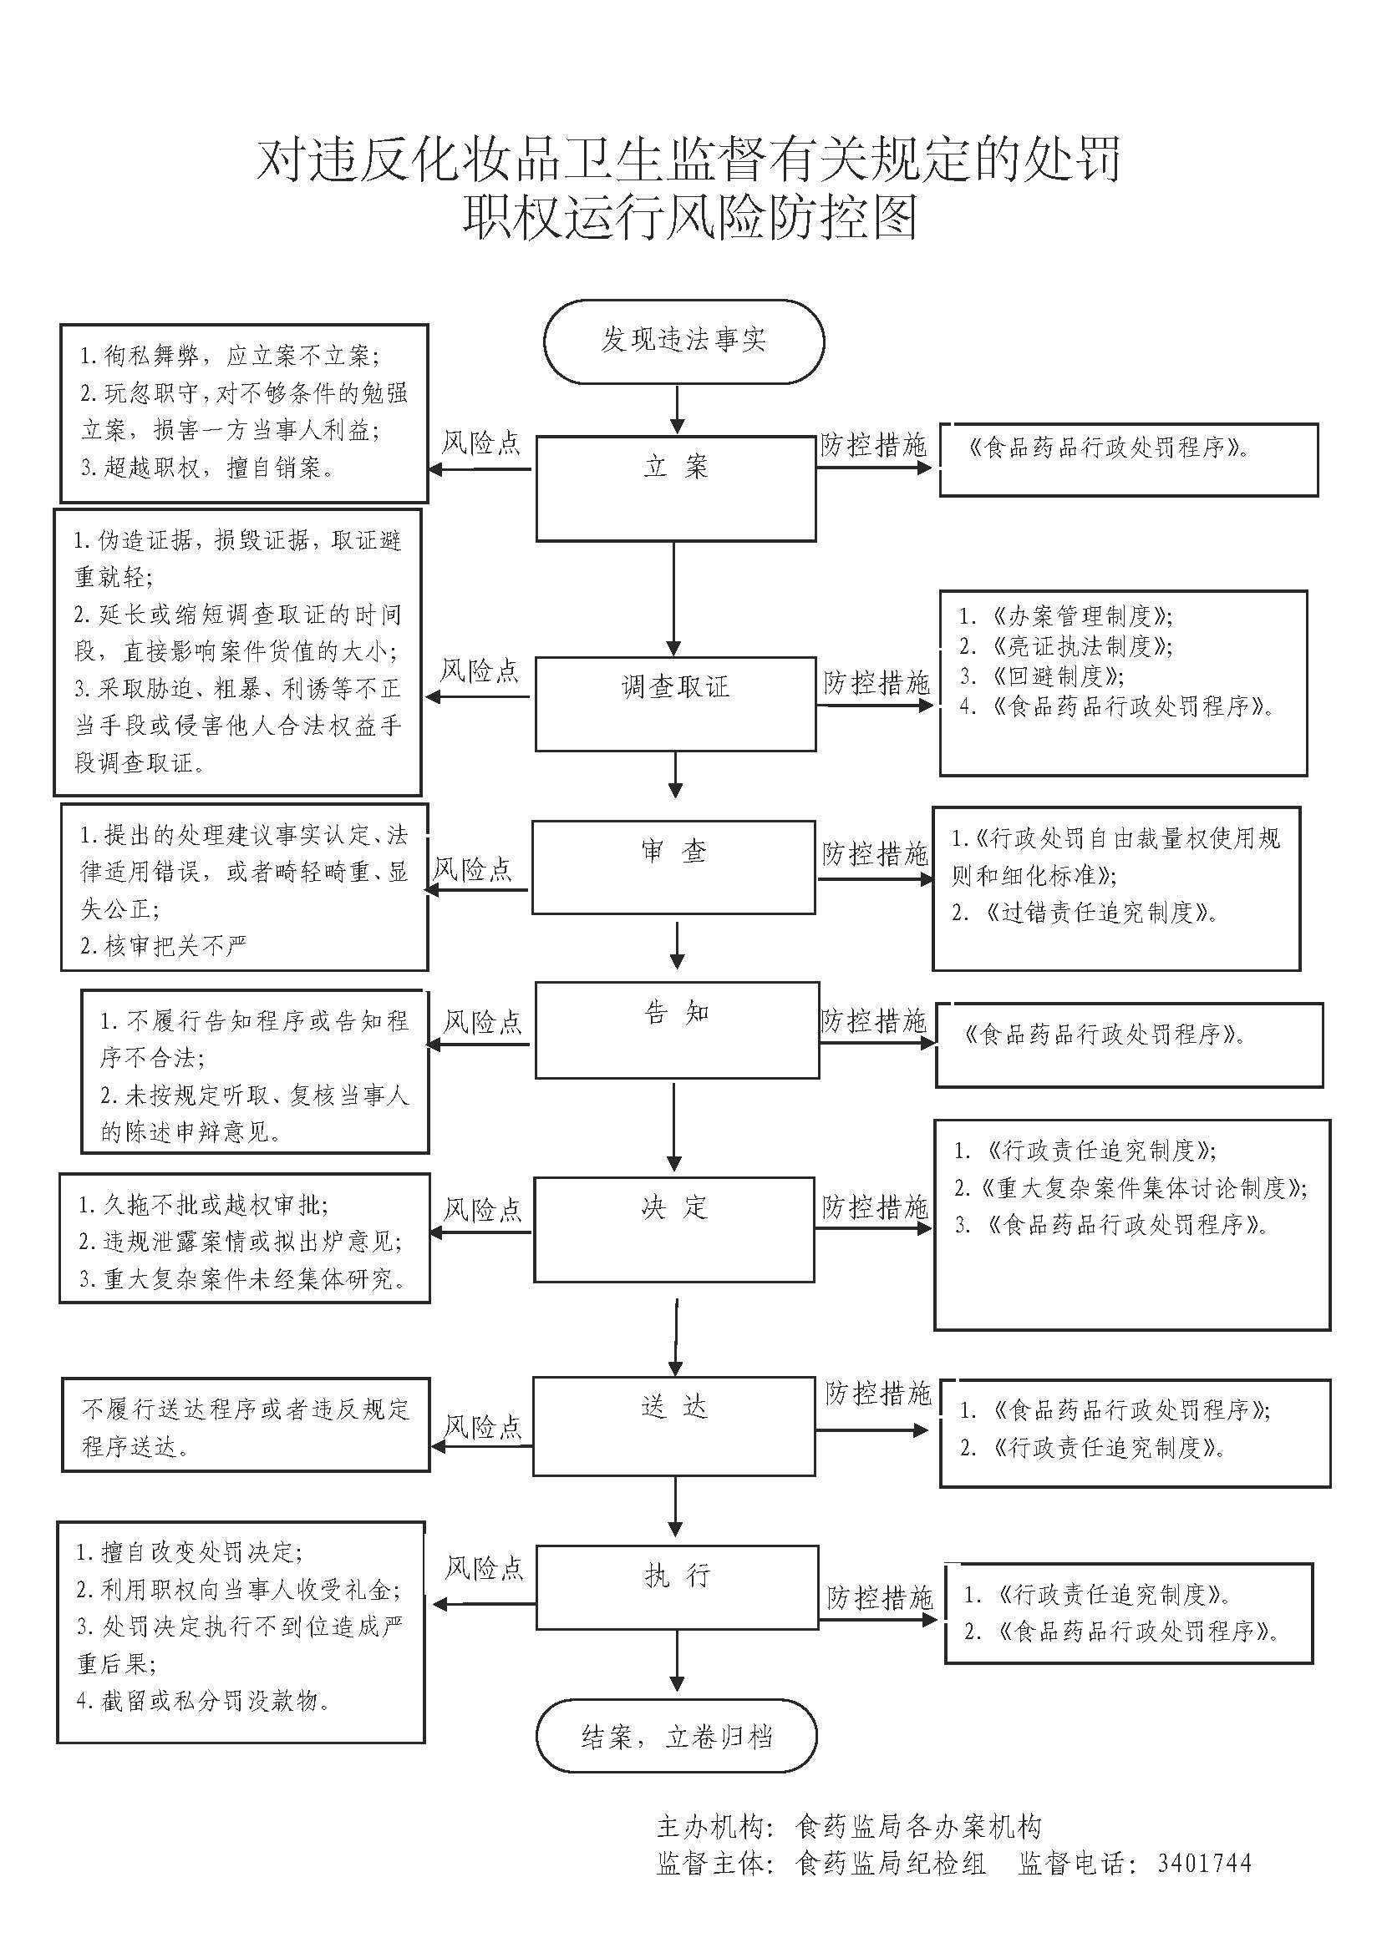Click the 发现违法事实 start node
pos(683,342)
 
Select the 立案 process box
pos(676,488)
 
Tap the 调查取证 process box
pos(676,702)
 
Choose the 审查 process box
pos(673,867)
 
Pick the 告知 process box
pos(677,1030)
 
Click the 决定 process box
pos(674,1229)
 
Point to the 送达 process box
pos(674,1425)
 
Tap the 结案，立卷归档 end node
pos(677,1736)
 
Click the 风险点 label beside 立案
pos(480,443)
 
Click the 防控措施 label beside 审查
pos(875,853)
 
